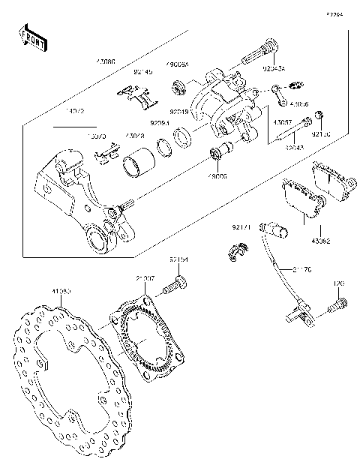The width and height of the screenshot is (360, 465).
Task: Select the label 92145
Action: click(x=143, y=73)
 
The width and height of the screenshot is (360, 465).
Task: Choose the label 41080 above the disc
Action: click(x=61, y=289)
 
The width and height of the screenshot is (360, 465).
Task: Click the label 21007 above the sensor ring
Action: click(x=145, y=278)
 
